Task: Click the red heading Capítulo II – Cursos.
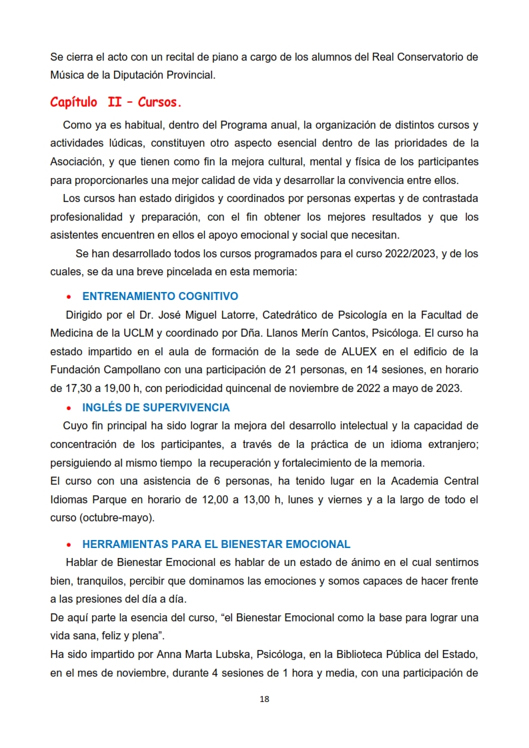pos(115,103)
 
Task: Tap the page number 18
pos(264,699)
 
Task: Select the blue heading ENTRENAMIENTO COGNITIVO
pos(160,296)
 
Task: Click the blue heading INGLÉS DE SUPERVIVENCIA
pos(155,407)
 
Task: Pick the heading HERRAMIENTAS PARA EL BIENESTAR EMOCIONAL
pos(216,544)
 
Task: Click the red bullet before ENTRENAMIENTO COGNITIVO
pos(69,297)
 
